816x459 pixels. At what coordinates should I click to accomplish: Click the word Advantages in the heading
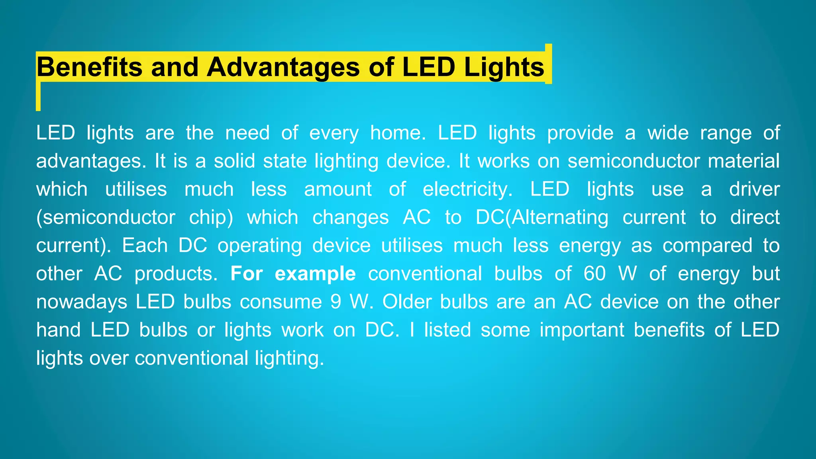(283, 67)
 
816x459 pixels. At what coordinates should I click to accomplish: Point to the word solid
(234, 161)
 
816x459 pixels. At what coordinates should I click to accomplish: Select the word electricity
(468, 189)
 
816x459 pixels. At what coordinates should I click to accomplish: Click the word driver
(754, 189)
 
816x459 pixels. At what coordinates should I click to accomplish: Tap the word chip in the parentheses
(211, 218)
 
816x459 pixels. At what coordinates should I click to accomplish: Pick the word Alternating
(560, 218)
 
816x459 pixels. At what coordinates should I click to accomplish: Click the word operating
(259, 245)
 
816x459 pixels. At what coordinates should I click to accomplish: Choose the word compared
(707, 245)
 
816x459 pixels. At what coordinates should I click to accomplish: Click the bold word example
(315, 274)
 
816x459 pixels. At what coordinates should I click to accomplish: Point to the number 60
(594, 274)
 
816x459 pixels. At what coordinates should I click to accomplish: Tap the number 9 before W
(336, 302)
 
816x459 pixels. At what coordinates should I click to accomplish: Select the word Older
(407, 302)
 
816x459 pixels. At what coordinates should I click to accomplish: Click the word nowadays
(82, 302)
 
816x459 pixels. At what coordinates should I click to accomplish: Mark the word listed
(447, 330)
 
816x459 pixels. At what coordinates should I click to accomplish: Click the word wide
(668, 133)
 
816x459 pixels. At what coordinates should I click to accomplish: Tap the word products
(176, 274)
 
